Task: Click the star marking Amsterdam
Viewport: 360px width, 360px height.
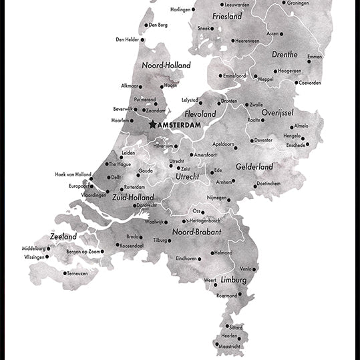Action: pos(153,124)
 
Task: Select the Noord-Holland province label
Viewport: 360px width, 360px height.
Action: pos(166,65)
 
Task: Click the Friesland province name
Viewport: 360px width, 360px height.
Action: pos(226,16)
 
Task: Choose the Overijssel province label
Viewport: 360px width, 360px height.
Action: pos(278,113)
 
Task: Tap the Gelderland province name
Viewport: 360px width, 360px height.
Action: pos(254,166)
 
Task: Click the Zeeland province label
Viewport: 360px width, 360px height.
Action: pos(63,236)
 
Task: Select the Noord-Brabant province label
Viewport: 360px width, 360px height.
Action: pos(197,232)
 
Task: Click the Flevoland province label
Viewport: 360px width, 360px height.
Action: pos(200,114)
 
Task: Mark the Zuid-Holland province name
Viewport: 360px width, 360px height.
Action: pos(133,198)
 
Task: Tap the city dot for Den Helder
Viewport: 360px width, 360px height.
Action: pos(144,39)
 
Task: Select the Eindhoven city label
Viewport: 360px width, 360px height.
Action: pos(186,258)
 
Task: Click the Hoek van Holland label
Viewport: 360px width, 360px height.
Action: pos(73,174)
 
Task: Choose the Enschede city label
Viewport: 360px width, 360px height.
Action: pos(295,145)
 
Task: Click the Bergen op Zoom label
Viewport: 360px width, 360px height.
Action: pos(83,251)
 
